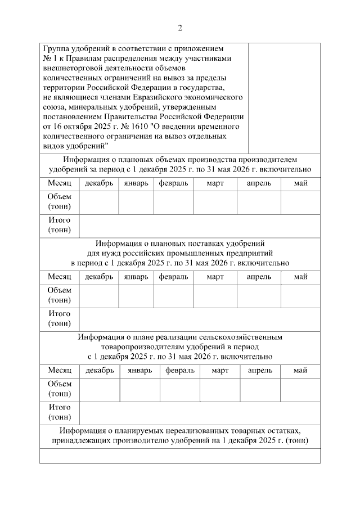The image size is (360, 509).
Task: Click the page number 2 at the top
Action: pos(180,28)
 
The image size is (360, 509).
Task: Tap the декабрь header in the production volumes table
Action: pos(99,183)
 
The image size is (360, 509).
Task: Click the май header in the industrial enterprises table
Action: pos(300,277)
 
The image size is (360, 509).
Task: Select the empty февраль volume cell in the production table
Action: pos(173,203)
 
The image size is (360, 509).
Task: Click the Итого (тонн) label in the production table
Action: pos(59,225)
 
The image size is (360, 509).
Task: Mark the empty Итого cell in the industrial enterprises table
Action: pos(200,319)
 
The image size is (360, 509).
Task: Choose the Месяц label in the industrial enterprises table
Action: pos(59,277)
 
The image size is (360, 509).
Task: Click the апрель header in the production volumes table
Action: pos(259,183)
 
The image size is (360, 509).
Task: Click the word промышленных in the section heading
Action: pos(206,253)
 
